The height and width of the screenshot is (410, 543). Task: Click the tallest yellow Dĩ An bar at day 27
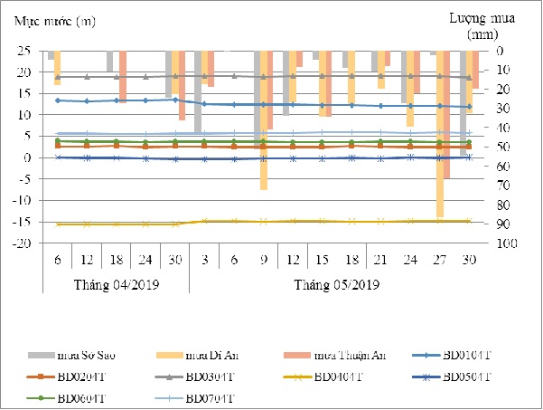[439, 136]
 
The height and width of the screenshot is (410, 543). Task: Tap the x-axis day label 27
[439, 260]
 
